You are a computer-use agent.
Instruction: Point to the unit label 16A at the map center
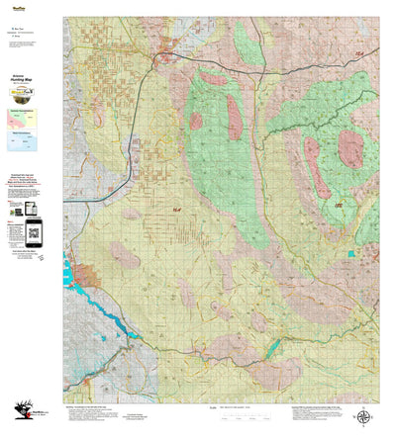[176, 209]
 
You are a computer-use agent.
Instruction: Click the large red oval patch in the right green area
[350, 148]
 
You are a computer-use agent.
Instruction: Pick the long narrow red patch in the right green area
[317, 166]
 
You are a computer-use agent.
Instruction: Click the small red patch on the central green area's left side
[196, 122]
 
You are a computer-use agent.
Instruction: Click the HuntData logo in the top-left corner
[15, 5]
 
